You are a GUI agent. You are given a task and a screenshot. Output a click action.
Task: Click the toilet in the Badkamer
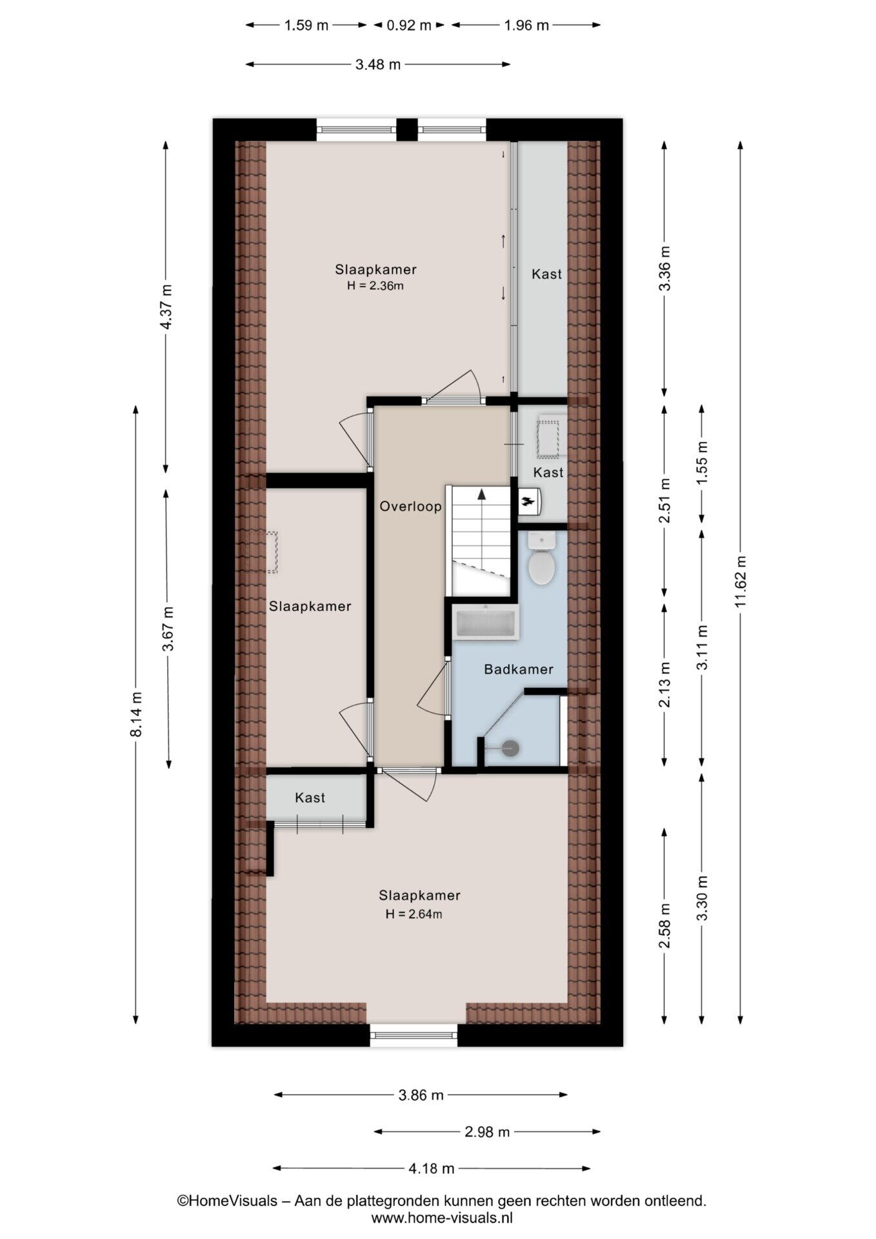click(541, 558)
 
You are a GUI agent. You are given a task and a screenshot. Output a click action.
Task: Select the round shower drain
click(511, 748)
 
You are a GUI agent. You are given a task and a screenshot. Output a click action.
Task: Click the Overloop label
click(410, 507)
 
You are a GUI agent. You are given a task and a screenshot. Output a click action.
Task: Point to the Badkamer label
click(519, 669)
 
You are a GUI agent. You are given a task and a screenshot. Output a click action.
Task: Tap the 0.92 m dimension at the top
click(409, 25)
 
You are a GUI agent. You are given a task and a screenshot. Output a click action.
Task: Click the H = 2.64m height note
click(413, 914)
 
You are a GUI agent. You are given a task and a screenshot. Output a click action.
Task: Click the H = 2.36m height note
click(375, 285)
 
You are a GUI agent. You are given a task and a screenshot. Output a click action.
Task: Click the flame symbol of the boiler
click(528, 501)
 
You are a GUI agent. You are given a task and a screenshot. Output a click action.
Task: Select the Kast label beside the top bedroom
click(546, 274)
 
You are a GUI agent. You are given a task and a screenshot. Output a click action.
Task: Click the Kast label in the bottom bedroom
click(310, 798)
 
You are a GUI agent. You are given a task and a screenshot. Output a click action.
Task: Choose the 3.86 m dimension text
click(421, 1094)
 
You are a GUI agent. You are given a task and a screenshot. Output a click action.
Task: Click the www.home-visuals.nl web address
click(442, 1218)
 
